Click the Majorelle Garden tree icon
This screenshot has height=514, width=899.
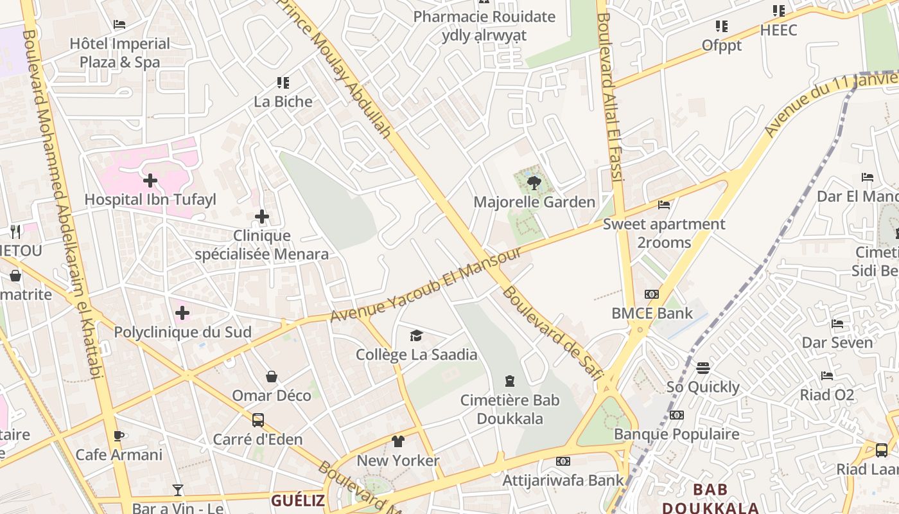point(533,184)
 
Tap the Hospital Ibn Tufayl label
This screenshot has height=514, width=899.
point(150,200)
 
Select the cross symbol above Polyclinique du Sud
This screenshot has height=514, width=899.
point(182,313)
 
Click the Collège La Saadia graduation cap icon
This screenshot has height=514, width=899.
point(416,335)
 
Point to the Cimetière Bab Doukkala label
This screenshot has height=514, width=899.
point(510,409)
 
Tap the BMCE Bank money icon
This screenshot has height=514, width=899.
point(652,294)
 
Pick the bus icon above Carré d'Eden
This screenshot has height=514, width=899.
point(257,420)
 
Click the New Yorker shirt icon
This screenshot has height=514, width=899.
point(398,441)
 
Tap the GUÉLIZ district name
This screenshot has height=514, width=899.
point(297,500)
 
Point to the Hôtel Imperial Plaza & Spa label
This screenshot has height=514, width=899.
point(120,53)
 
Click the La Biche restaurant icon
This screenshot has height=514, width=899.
point(283,83)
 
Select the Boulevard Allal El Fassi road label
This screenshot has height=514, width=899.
point(610,96)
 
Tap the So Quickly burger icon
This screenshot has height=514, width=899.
point(703,368)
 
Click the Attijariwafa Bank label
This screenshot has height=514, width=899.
point(563,480)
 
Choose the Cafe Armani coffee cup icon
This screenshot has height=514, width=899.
point(118,436)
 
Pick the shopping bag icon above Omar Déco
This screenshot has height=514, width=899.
point(272,376)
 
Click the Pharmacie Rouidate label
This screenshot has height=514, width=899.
point(484,17)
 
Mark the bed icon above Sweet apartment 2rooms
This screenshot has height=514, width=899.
point(664,205)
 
